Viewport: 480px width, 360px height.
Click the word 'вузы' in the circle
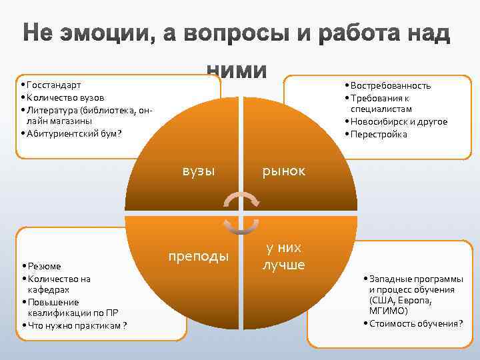[x=199, y=171]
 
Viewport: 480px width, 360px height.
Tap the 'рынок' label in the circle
[x=283, y=171]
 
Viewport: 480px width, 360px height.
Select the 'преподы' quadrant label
[x=198, y=256]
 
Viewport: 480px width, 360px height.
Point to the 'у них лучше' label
[x=284, y=256]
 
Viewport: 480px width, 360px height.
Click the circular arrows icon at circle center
[x=241, y=213]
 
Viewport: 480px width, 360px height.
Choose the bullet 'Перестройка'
[x=379, y=134]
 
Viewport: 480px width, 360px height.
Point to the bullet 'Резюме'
[x=44, y=266]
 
